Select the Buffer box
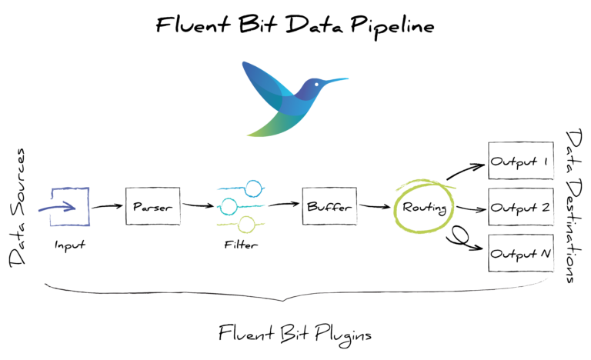click(x=326, y=207)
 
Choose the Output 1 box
click(x=521, y=164)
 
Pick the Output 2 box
click(x=521, y=208)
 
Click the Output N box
click(x=521, y=252)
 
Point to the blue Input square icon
click(x=70, y=206)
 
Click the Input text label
click(x=69, y=245)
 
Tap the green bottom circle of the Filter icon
click(x=246, y=225)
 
